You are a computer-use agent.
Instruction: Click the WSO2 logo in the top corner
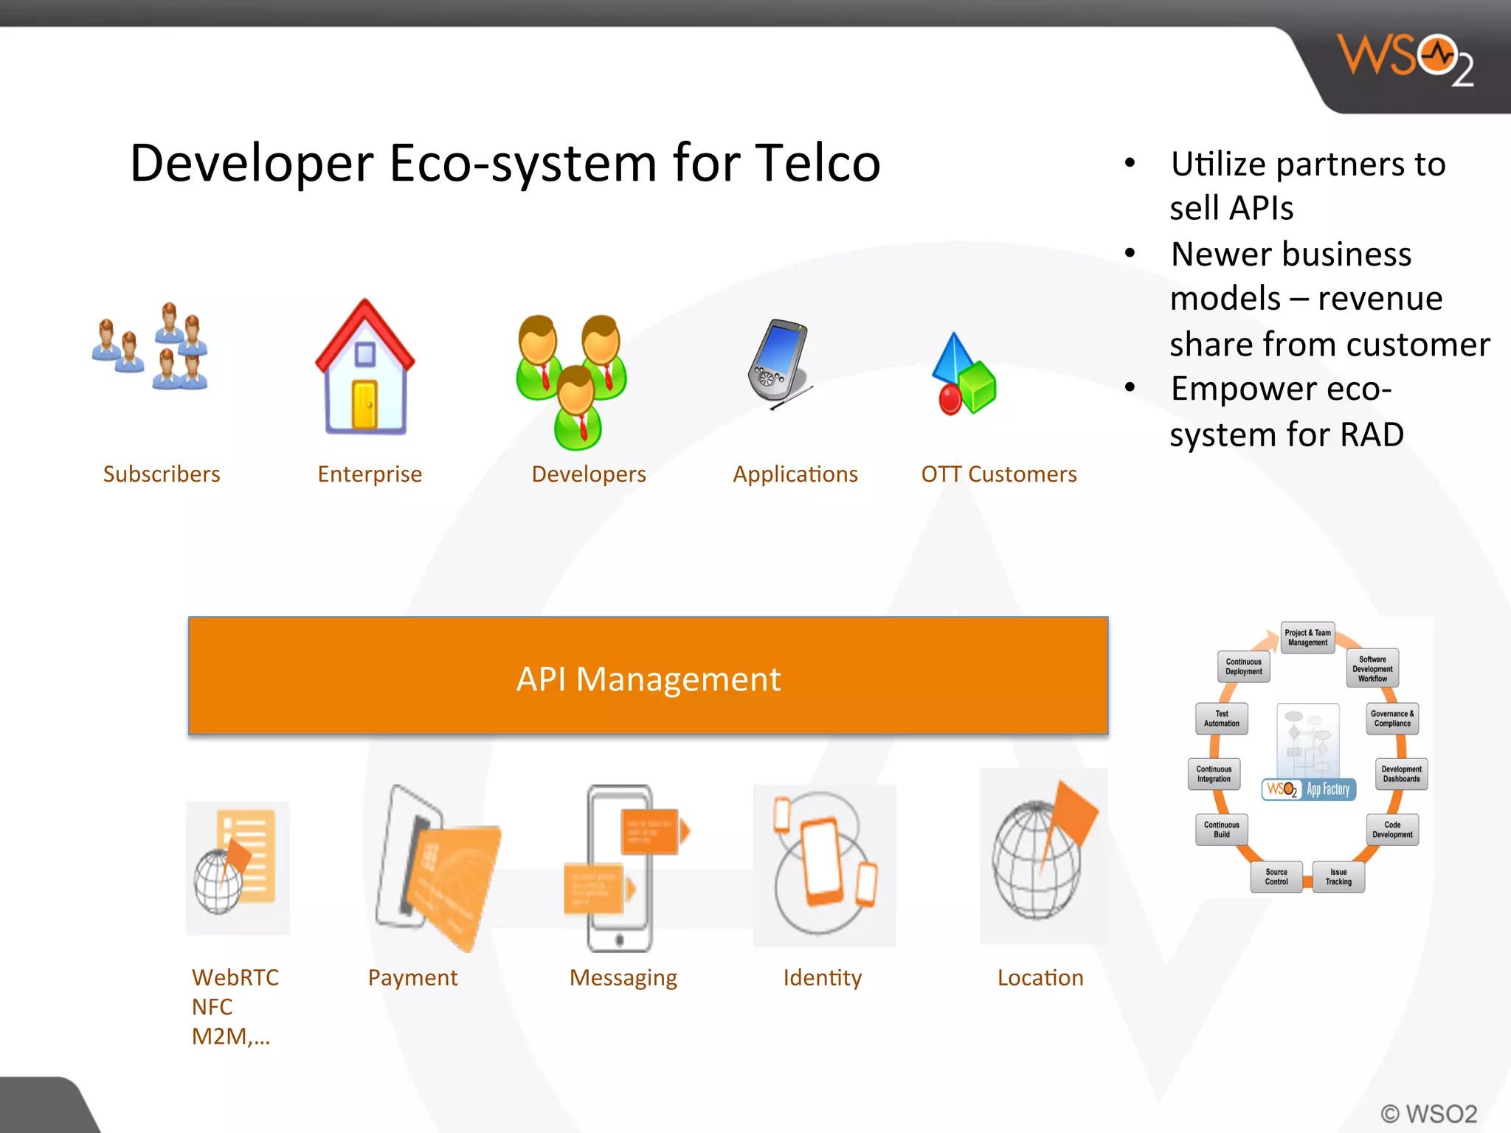click(x=1405, y=59)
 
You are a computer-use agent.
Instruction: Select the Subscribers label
click(x=162, y=474)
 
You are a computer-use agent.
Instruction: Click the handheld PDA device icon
click(x=778, y=361)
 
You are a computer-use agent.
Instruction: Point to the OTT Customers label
click(x=998, y=474)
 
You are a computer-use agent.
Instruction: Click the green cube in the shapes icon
click(x=977, y=387)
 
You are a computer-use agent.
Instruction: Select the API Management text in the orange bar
click(x=648, y=679)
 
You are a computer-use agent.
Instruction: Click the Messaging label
click(x=623, y=977)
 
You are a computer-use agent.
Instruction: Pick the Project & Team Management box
click(x=1307, y=637)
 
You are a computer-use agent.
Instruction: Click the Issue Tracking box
click(x=1338, y=876)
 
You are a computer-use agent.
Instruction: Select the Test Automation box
click(x=1222, y=718)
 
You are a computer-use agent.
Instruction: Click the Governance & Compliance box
click(x=1392, y=718)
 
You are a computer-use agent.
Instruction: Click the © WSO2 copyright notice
click(x=1428, y=1113)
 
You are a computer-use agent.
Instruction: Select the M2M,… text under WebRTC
click(x=230, y=1036)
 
